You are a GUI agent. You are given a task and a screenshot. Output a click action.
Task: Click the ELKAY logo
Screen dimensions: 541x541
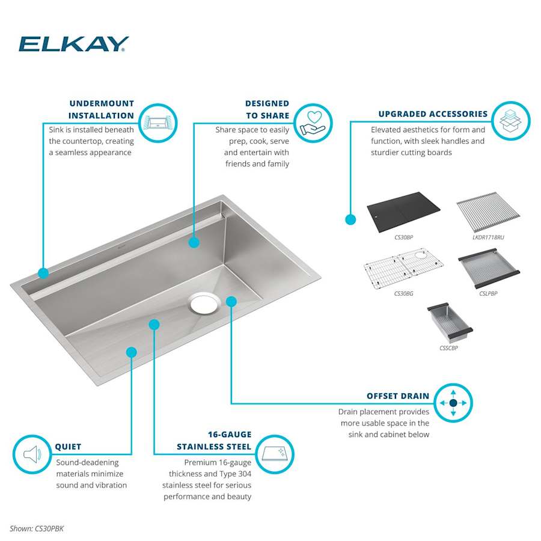pos(73,44)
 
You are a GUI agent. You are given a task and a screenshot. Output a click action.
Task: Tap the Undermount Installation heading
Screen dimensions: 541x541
pos(101,109)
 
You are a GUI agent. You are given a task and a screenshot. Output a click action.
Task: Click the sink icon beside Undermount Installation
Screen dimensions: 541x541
pos(158,123)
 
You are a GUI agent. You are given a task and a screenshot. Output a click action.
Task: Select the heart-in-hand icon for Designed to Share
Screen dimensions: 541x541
pos(313,123)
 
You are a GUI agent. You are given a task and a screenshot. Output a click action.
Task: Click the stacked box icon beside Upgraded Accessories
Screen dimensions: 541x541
pos(510,121)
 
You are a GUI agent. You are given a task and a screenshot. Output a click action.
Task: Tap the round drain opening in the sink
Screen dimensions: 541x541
pos(204,303)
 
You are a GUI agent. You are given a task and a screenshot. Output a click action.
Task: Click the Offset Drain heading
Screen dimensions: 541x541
pos(398,396)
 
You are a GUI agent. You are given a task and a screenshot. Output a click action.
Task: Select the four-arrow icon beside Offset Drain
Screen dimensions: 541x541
pos(453,403)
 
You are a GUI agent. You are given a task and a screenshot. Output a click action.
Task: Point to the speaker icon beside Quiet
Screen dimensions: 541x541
pos(31,454)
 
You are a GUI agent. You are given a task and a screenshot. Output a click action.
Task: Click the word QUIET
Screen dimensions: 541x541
pos(68,447)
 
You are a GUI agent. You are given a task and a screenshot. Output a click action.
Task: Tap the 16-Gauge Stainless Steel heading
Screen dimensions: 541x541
pos(214,441)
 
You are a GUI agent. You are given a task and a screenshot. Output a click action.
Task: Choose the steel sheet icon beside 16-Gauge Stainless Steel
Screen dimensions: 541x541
pos(275,454)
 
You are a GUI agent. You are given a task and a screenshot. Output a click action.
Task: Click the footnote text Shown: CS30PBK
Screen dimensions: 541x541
pos(37,528)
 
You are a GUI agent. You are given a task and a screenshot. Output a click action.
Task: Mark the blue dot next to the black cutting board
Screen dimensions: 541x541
pos(350,219)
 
